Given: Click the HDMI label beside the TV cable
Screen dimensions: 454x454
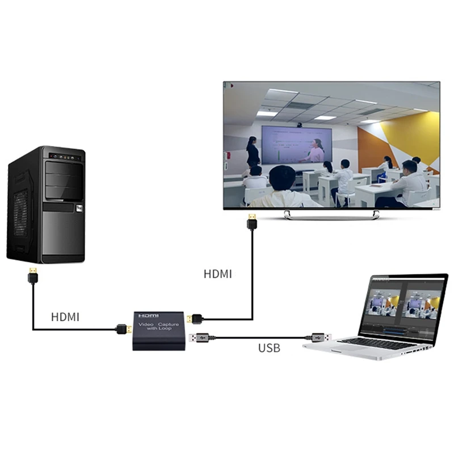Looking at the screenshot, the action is click(218, 274).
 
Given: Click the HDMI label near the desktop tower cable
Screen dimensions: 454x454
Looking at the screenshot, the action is click(65, 317).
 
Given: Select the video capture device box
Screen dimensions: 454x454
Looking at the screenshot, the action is click(159, 331).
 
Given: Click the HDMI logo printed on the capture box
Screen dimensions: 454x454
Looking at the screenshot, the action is click(149, 316).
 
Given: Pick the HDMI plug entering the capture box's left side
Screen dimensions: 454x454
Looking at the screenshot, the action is click(122, 329).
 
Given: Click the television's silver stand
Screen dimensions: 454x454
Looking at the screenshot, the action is click(331, 214).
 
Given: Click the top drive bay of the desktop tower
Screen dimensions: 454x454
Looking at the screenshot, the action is click(64, 169).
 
